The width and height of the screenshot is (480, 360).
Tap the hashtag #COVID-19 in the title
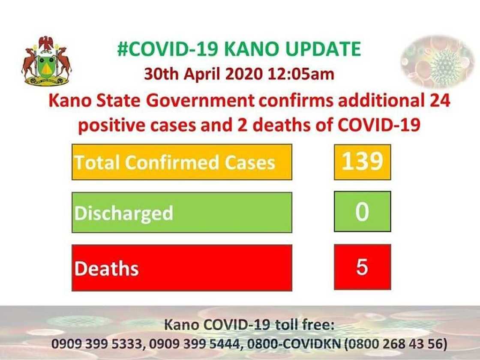tap(169, 49)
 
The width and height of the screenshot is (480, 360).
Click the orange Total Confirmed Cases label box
tap(182, 162)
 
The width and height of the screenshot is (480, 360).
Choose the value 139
tap(362, 162)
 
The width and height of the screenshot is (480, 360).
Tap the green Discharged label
tap(182, 213)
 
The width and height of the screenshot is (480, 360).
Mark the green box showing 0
tap(362, 212)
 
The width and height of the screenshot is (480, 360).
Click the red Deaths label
tap(182, 268)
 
